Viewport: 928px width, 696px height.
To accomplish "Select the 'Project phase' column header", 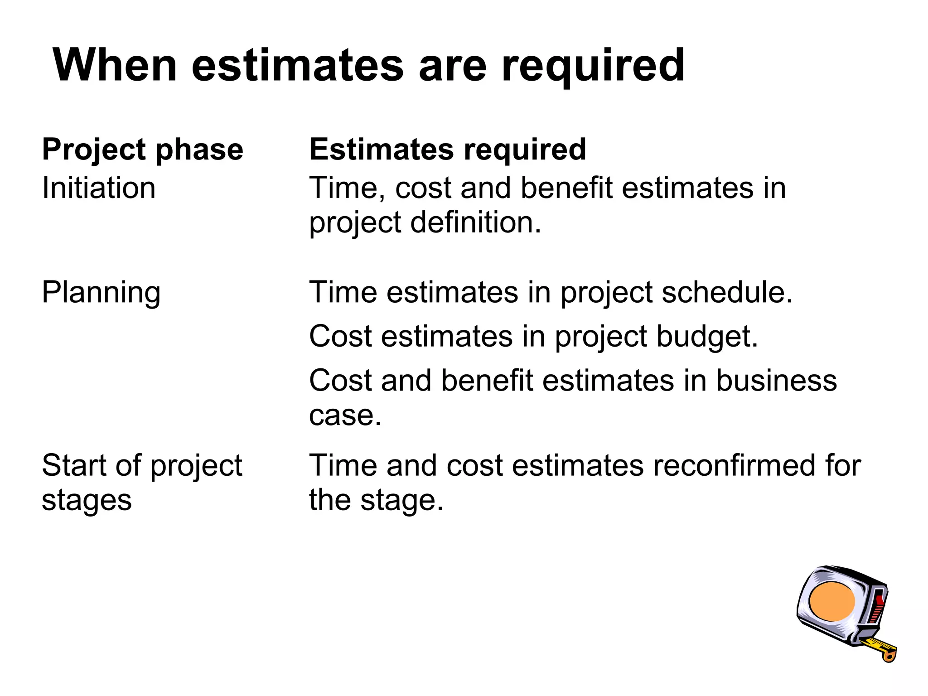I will (143, 150).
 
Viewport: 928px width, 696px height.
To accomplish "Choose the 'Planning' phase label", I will (101, 293).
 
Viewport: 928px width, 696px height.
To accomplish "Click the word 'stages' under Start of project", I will (87, 501).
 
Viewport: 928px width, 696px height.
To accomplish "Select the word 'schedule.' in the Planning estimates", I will (727, 292).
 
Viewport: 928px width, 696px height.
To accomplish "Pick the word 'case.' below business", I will (345, 415).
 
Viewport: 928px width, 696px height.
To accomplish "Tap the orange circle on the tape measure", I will (831, 601).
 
